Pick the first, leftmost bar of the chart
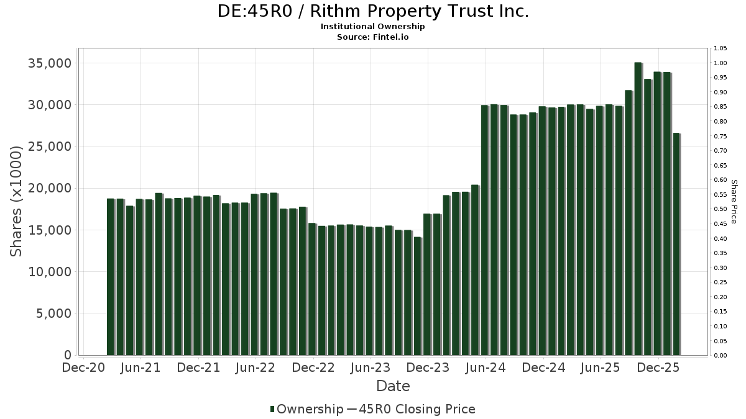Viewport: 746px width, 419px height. (111, 277)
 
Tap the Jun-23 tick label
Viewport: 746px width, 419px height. (371, 368)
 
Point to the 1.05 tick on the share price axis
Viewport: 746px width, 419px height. (721, 48)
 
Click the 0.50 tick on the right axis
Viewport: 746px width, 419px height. (721, 209)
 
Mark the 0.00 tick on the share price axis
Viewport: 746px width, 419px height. (721, 356)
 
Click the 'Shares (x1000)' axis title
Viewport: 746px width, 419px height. (17, 201)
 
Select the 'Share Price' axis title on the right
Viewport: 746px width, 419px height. (734, 201)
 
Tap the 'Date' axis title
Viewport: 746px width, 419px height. (393, 386)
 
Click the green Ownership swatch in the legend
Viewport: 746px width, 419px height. (272, 409)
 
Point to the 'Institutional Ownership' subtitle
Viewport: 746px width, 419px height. (373, 27)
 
